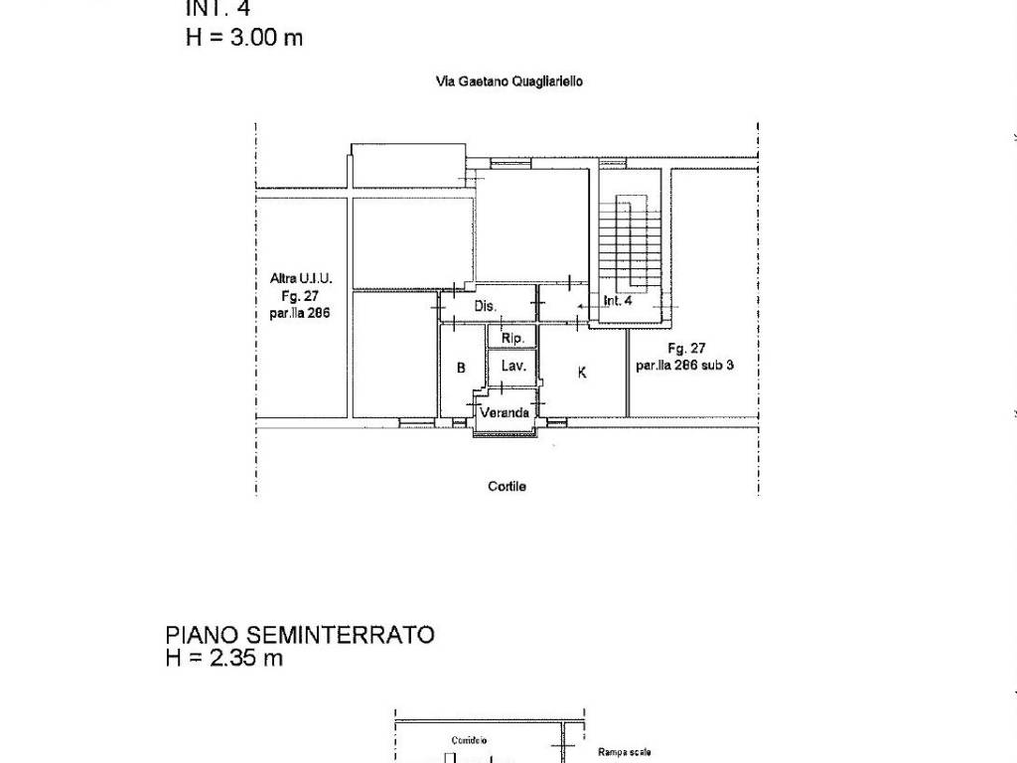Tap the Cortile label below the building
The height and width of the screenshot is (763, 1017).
coord(507,486)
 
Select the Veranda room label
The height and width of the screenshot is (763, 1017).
coord(506,412)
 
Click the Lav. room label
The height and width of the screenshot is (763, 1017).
coord(512,366)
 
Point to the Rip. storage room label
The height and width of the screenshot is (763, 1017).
coord(512,339)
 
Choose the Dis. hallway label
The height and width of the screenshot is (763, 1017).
coord(485,306)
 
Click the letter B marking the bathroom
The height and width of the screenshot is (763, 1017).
coord(461,368)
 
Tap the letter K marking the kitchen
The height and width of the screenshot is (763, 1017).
coord(582,372)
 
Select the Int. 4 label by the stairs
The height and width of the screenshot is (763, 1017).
coord(618,300)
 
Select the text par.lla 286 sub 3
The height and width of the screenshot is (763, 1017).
coord(685,365)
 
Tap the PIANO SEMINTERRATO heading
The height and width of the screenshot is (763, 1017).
coord(300,635)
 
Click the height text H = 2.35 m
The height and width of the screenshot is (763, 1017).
coord(224,658)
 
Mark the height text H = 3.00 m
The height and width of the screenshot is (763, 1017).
coord(244,38)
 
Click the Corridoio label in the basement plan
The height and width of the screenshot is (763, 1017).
coord(468,740)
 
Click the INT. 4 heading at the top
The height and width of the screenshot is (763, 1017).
coord(218,10)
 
